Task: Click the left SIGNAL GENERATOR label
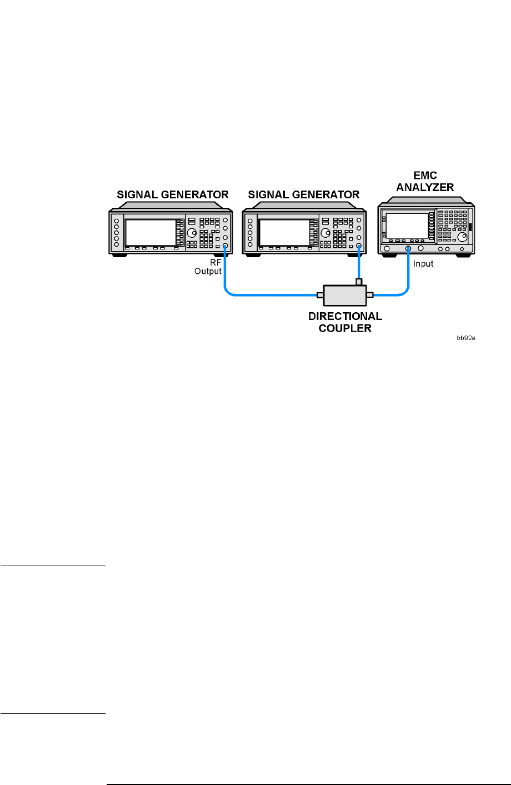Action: pos(172,195)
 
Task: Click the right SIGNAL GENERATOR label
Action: pos(304,195)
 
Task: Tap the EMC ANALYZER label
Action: pos(425,182)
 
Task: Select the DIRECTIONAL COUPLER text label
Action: pos(345,322)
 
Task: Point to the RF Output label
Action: pos(209,267)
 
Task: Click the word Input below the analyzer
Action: pos(423,264)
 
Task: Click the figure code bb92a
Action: pos(466,337)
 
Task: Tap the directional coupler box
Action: pos(345,295)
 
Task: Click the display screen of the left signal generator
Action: pos(150,232)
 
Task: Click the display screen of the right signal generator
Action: pos(284,232)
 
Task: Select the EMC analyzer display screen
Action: pos(407,225)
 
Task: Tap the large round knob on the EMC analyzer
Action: pos(462,238)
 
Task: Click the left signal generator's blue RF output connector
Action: pos(225,246)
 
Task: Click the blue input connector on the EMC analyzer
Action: pos(408,248)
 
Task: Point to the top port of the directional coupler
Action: pos(359,282)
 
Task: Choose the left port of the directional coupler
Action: pos(320,294)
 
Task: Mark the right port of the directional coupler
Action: pos(370,294)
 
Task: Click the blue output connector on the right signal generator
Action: pos(359,246)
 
